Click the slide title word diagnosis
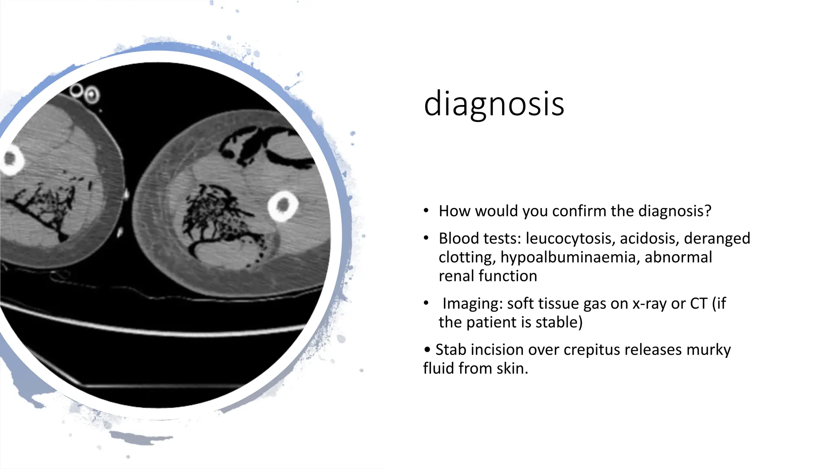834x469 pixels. pos(494,104)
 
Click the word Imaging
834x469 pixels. pos(472,304)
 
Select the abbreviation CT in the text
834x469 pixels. pos(698,304)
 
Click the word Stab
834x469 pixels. pos(451,350)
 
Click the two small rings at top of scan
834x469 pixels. pos(84,93)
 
